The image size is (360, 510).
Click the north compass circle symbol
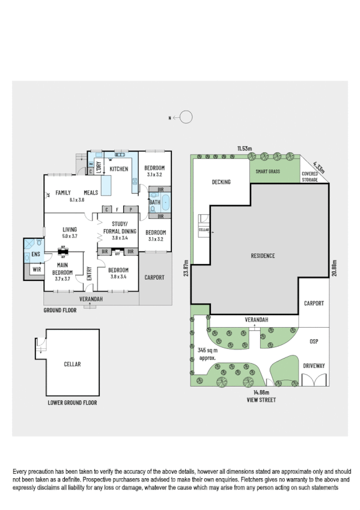point(186,118)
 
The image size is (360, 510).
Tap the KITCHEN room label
point(118,170)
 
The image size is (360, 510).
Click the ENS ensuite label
point(35,255)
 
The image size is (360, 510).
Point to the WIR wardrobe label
point(36,270)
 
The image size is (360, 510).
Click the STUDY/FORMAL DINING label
point(120,227)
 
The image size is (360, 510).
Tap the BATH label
point(154,203)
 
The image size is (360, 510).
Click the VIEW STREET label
point(260,399)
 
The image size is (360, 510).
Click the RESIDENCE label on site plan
point(263,256)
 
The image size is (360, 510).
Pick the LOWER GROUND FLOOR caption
point(72,403)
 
